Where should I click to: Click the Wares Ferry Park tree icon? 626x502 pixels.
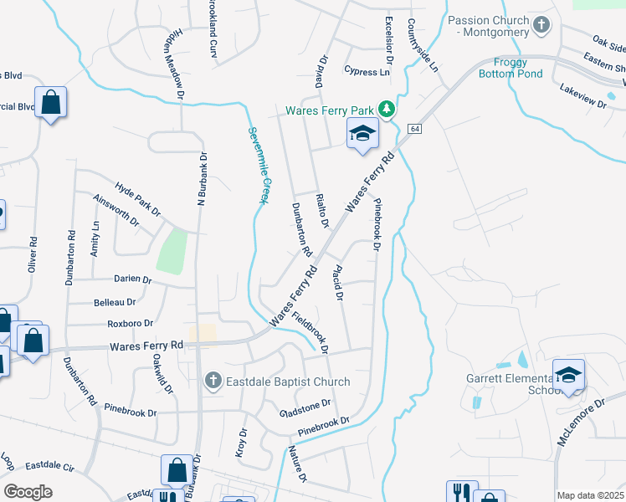point(386,110)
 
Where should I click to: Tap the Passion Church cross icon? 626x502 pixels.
point(541,25)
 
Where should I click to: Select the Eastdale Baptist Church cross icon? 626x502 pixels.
point(213,382)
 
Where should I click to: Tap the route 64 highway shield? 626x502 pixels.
point(414,128)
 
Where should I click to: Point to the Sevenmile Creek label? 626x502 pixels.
point(257,166)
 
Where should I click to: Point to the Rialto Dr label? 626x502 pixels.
point(321,210)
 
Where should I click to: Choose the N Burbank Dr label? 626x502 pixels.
point(202,178)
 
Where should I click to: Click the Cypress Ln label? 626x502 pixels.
point(367,72)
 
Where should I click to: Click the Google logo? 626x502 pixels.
point(28,491)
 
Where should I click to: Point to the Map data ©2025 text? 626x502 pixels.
point(590,495)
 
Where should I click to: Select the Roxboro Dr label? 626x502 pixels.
point(130,323)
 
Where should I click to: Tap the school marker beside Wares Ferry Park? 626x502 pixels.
point(362,134)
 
